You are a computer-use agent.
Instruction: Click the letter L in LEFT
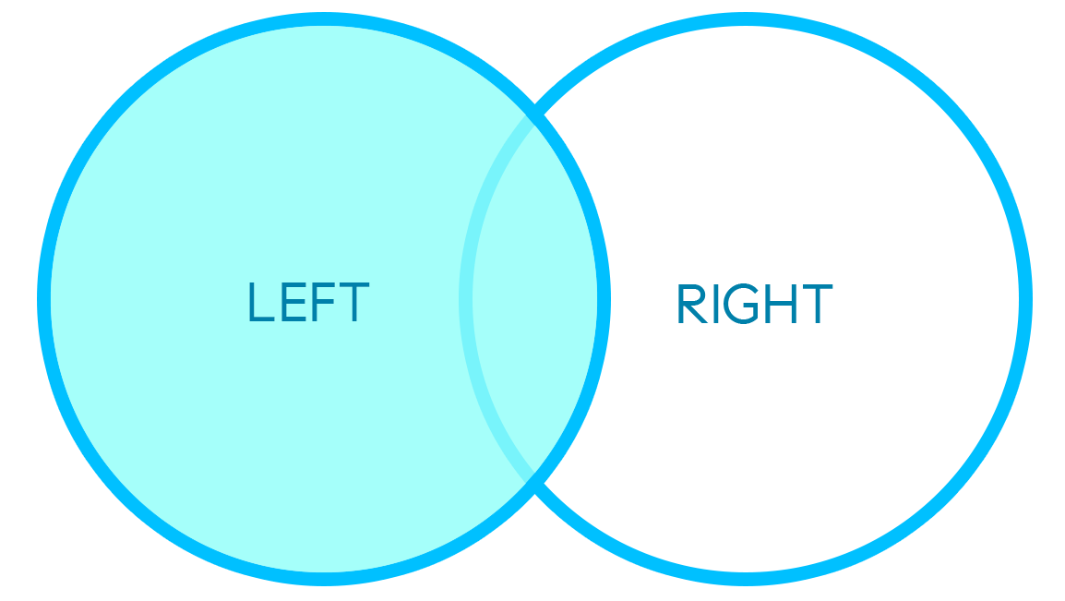[261, 302]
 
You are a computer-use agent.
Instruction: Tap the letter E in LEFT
[293, 302]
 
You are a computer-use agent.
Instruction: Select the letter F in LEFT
[323, 302]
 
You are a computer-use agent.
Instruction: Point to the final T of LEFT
[353, 302]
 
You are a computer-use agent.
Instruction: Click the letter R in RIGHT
[692, 304]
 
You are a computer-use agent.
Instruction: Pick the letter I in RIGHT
[716, 304]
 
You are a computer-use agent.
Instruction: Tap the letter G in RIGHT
[741, 304]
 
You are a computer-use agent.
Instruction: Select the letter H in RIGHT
[781, 304]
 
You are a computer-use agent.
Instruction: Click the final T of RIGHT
[817, 304]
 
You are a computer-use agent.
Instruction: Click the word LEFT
[309, 302]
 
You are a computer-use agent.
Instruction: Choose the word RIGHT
[755, 304]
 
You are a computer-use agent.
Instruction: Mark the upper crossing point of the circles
[535, 115]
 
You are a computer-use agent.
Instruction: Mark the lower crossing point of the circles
[535, 484]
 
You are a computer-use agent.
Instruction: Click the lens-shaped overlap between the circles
[534, 299]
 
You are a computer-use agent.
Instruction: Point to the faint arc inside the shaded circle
[466, 299]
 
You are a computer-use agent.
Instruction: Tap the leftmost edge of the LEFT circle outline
[43, 299]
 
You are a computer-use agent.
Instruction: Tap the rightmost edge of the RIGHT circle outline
[1025, 299]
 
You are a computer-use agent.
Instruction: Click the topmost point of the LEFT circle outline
[324, 19]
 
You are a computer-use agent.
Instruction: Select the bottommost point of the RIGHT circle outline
[746, 579]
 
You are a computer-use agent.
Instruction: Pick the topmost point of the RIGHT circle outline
[746, 19]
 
